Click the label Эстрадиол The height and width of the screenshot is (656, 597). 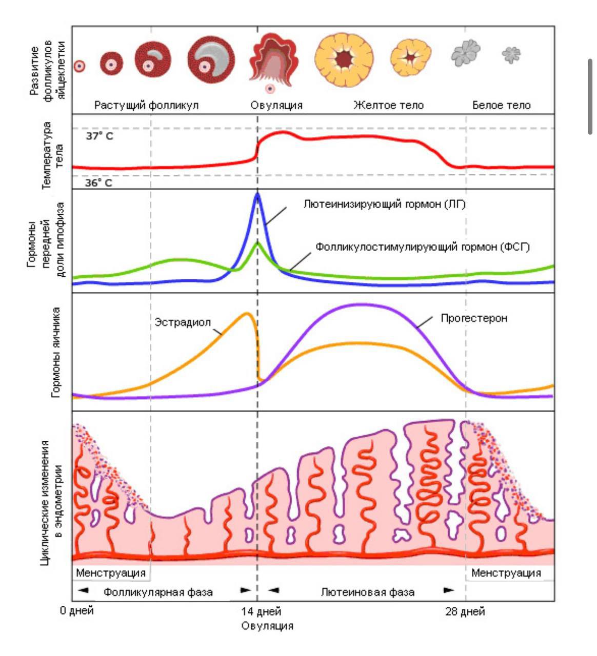(x=183, y=323)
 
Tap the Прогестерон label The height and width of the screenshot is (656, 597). (x=474, y=318)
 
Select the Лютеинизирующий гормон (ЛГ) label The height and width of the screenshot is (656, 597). (x=384, y=204)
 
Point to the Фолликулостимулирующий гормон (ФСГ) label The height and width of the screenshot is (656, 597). (x=422, y=247)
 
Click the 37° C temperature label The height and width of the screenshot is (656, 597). (x=99, y=137)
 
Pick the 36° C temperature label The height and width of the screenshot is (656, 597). (x=98, y=183)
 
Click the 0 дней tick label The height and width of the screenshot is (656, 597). (x=77, y=611)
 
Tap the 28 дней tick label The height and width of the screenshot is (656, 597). (x=465, y=611)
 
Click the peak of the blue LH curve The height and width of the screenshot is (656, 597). (x=257, y=194)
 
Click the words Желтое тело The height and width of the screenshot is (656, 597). (x=388, y=106)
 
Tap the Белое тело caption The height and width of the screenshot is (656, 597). (x=501, y=106)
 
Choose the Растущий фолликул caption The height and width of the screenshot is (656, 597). (x=146, y=106)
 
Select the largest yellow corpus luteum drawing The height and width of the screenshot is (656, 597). (x=344, y=59)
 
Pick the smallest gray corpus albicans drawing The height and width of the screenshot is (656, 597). (x=511, y=54)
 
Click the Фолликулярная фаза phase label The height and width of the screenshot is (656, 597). (x=158, y=592)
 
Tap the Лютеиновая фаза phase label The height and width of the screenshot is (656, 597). (x=368, y=592)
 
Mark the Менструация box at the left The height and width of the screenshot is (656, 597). (x=111, y=572)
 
